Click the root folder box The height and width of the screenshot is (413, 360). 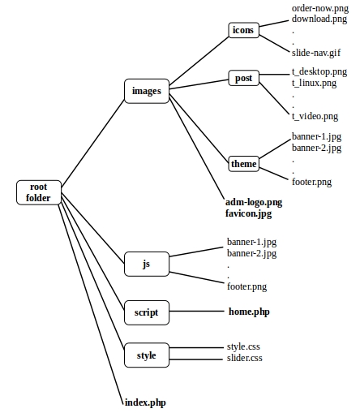pos(37,192)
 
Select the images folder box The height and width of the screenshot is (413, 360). pos(146,91)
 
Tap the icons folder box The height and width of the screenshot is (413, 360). pos(242,31)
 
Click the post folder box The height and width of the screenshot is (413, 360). pos(243,79)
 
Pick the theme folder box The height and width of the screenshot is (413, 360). pos(243,164)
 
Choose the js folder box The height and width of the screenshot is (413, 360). pos(146,264)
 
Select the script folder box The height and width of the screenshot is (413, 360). pos(146,312)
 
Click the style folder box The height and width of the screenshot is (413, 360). pos(146,355)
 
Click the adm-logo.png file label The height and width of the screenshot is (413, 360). pos(254,201)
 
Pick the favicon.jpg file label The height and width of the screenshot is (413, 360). pos(249,213)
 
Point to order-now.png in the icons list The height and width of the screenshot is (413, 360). pos(319,7)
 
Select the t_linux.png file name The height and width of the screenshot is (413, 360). pos(315,83)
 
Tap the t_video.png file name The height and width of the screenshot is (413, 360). pos(315,117)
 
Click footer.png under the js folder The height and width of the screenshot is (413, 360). pos(247,286)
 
